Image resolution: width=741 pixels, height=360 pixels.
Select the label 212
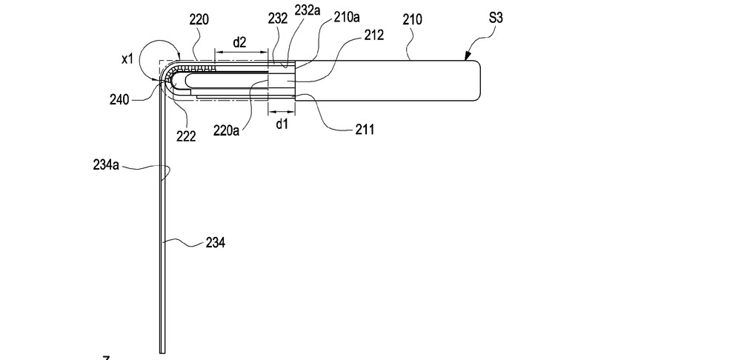pyautogui.click(x=374, y=35)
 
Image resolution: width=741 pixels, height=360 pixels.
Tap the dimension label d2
pyautogui.click(x=239, y=42)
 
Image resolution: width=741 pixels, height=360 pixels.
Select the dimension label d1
pyautogui.click(x=282, y=124)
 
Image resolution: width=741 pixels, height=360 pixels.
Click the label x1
pyautogui.click(x=127, y=59)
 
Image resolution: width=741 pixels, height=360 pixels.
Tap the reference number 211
pyautogui.click(x=364, y=130)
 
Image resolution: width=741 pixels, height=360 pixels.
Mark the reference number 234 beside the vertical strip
pyautogui.click(x=216, y=241)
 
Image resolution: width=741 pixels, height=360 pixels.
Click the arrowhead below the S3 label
pyautogui.click(x=467, y=56)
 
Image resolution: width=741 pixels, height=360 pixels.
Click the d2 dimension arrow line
pyautogui.click(x=240, y=53)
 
